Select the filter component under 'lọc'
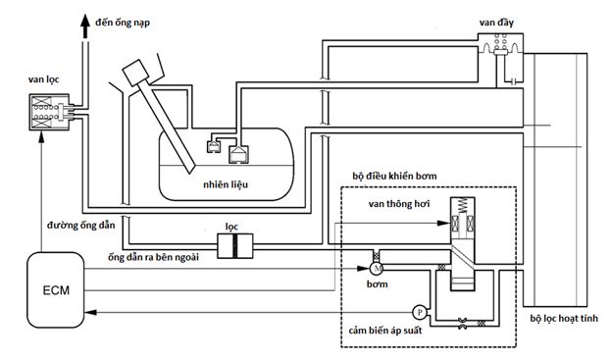235,245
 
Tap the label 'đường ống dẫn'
55,226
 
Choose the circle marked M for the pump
376,267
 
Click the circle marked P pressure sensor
419,312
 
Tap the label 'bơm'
378,284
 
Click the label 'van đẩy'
500,19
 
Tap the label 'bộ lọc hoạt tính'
569,319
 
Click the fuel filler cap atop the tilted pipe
139,74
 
